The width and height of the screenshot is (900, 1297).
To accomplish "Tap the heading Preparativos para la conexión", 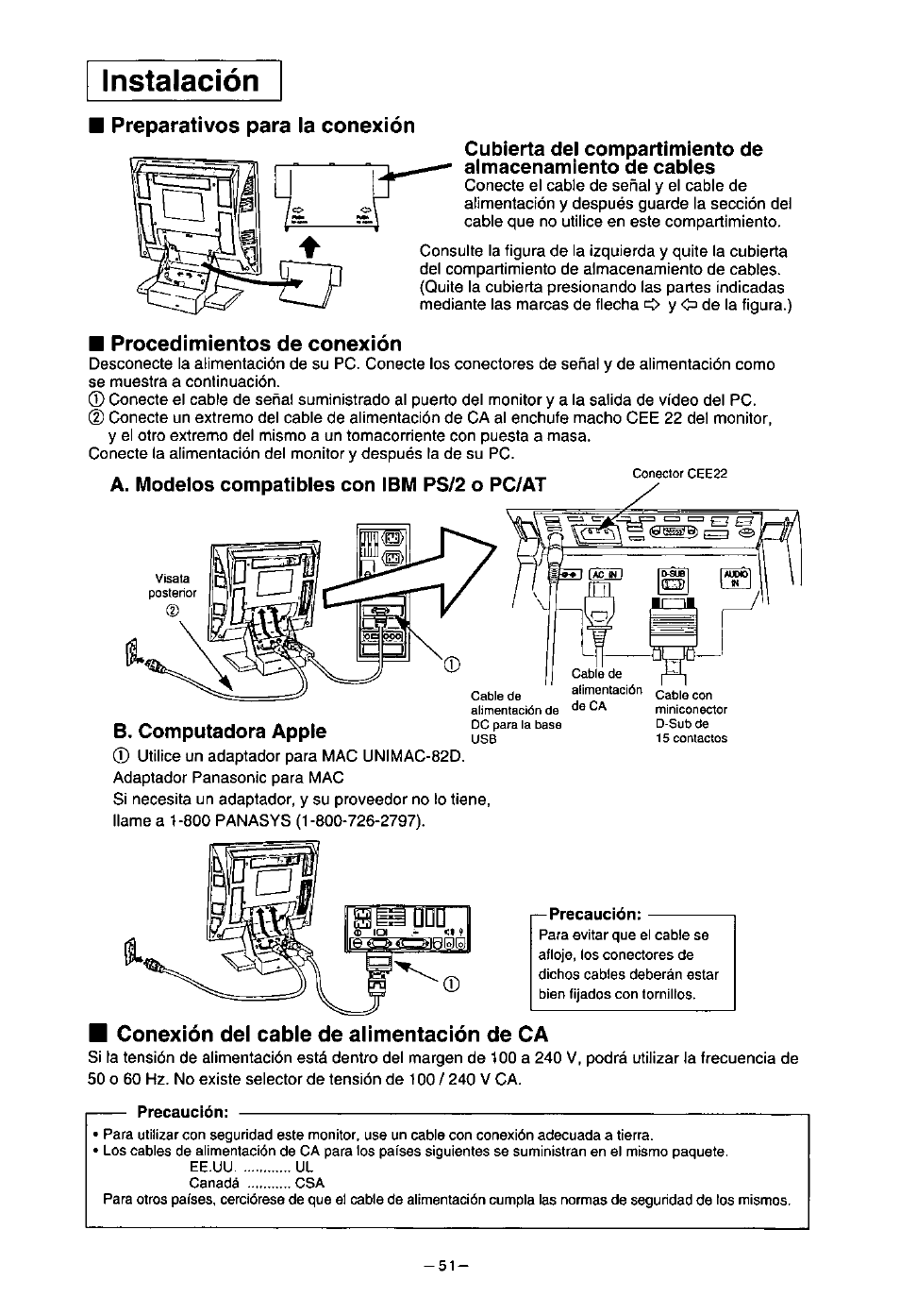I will (261, 126).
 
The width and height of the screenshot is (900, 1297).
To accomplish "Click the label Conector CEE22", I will (679, 474).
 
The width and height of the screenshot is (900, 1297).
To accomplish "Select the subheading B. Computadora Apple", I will (219, 731).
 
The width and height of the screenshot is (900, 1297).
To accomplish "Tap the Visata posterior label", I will (173, 585).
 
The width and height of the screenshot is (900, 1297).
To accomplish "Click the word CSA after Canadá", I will (309, 1183).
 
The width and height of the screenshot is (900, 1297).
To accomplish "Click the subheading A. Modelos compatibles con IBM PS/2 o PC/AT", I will (328, 485).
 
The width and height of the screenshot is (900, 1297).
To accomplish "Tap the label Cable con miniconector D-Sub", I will (691, 716).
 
